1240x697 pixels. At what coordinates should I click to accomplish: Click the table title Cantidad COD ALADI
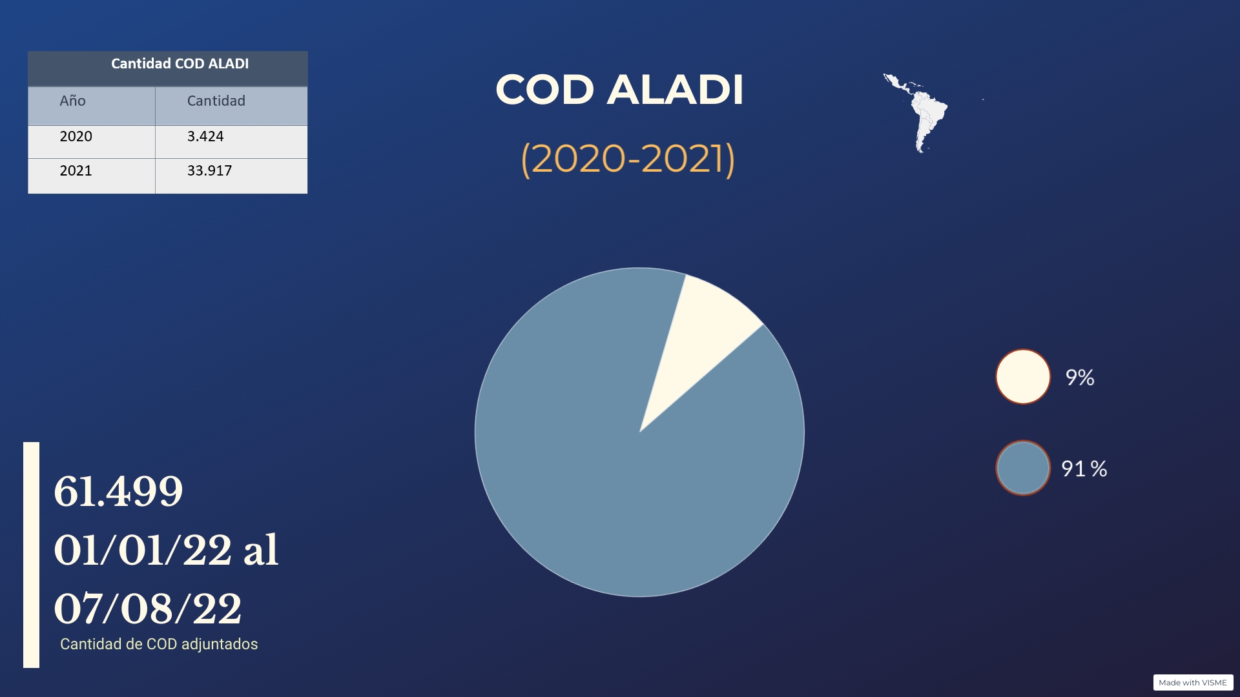pyautogui.click(x=180, y=64)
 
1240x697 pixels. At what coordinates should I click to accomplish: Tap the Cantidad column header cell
pyautogui.click(x=231, y=106)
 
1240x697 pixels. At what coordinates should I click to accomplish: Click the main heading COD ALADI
pyautogui.click(x=619, y=89)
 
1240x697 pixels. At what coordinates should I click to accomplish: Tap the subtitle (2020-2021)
pyautogui.click(x=628, y=159)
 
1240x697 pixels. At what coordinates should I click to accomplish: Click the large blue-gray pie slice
pyautogui.click(x=620, y=478)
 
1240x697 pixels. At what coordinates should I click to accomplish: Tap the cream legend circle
pyautogui.click(x=1023, y=377)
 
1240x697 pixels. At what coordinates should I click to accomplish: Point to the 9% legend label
pyautogui.click(x=1080, y=378)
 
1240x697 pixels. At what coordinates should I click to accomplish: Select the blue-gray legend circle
pyautogui.click(x=1023, y=468)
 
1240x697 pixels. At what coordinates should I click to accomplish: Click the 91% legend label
pyautogui.click(x=1084, y=469)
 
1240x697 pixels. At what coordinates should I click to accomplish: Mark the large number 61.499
pyautogui.click(x=118, y=491)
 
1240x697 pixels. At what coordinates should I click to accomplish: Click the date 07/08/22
pyautogui.click(x=148, y=609)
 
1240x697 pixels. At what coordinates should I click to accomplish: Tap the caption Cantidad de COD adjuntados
pyautogui.click(x=159, y=644)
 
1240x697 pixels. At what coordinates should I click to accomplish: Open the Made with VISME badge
pyautogui.click(x=1193, y=682)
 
